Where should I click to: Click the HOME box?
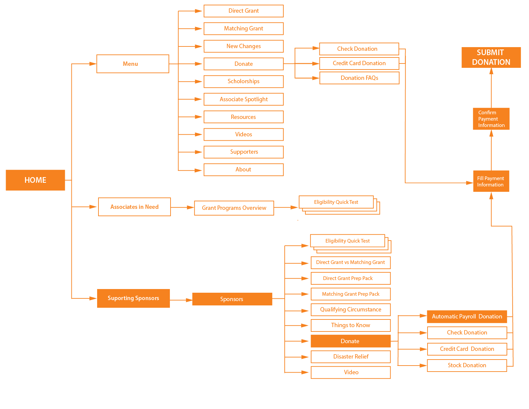[x=35, y=180]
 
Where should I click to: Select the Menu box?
[x=133, y=64]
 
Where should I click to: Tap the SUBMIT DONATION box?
[x=491, y=57]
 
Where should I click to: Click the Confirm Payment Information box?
[x=491, y=119]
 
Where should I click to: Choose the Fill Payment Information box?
[x=491, y=181]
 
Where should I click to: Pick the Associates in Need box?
[x=134, y=207]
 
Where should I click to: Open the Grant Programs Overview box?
[x=234, y=208]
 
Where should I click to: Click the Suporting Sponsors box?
[x=133, y=298]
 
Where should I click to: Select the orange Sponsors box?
[x=232, y=299]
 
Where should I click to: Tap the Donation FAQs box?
[x=359, y=78]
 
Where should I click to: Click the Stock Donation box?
[x=467, y=365]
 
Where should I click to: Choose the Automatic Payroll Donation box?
[x=467, y=316]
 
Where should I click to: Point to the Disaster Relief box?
[x=350, y=357]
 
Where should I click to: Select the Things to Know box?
[x=350, y=325]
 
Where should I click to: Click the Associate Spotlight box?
[x=243, y=99]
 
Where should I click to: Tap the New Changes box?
[x=243, y=46]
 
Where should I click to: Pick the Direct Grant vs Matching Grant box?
[x=350, y=262]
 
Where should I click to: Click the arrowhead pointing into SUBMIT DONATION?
[x=491, y=71]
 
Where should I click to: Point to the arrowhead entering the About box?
[x=199, y=170]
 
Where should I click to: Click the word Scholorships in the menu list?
[x=243, y=81]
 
